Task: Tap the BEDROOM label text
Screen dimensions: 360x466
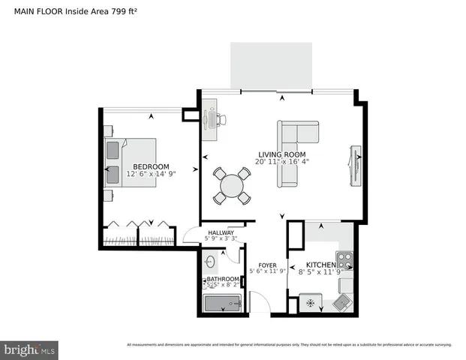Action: (151, 166)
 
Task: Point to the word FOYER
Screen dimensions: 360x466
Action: (268, 265)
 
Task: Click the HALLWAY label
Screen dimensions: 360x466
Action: (221, 233)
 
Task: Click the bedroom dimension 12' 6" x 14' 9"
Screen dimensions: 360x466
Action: (151, 173)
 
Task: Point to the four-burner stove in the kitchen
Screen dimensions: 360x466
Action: (344, 262)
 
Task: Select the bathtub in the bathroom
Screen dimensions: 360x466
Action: (222, 304)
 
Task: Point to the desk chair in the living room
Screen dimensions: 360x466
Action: (222, 118)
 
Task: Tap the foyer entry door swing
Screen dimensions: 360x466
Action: (258, 304)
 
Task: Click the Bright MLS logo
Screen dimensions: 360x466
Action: (30, 349)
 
